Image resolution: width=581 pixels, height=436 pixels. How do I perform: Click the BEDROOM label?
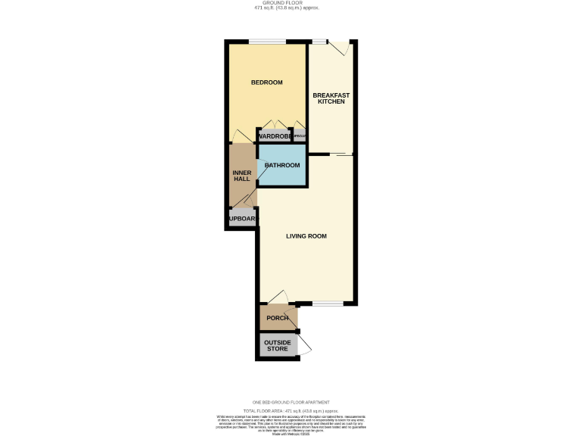click(266, 82)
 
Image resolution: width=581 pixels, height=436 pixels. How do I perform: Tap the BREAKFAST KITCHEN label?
click(331, 98)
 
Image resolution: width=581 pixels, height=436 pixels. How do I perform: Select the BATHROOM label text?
click(281, 165)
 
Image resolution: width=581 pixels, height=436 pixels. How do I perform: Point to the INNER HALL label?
click(241, 176)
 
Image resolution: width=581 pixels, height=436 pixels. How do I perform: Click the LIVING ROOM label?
click(306, 236)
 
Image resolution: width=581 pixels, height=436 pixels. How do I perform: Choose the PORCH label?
click(277, 318)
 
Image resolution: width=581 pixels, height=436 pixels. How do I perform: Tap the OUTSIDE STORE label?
click(276, 346)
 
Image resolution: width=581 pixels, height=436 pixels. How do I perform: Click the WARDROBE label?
click(274, 136)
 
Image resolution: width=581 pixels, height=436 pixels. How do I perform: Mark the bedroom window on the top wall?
click(269, 41)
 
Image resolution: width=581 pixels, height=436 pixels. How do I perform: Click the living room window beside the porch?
click(328, 304)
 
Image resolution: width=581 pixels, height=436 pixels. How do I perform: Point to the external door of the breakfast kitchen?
click(341, 47)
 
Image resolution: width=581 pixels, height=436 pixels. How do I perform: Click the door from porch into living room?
click(276, 297)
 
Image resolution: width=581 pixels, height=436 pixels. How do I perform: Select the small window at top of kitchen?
click(319, 41)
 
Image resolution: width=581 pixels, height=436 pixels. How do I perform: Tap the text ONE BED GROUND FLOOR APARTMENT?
click(290, 402)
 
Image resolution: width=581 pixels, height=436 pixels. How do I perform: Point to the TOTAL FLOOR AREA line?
click(290, 409)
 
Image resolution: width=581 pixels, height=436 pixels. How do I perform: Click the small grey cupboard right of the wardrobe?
click(300, 136)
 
